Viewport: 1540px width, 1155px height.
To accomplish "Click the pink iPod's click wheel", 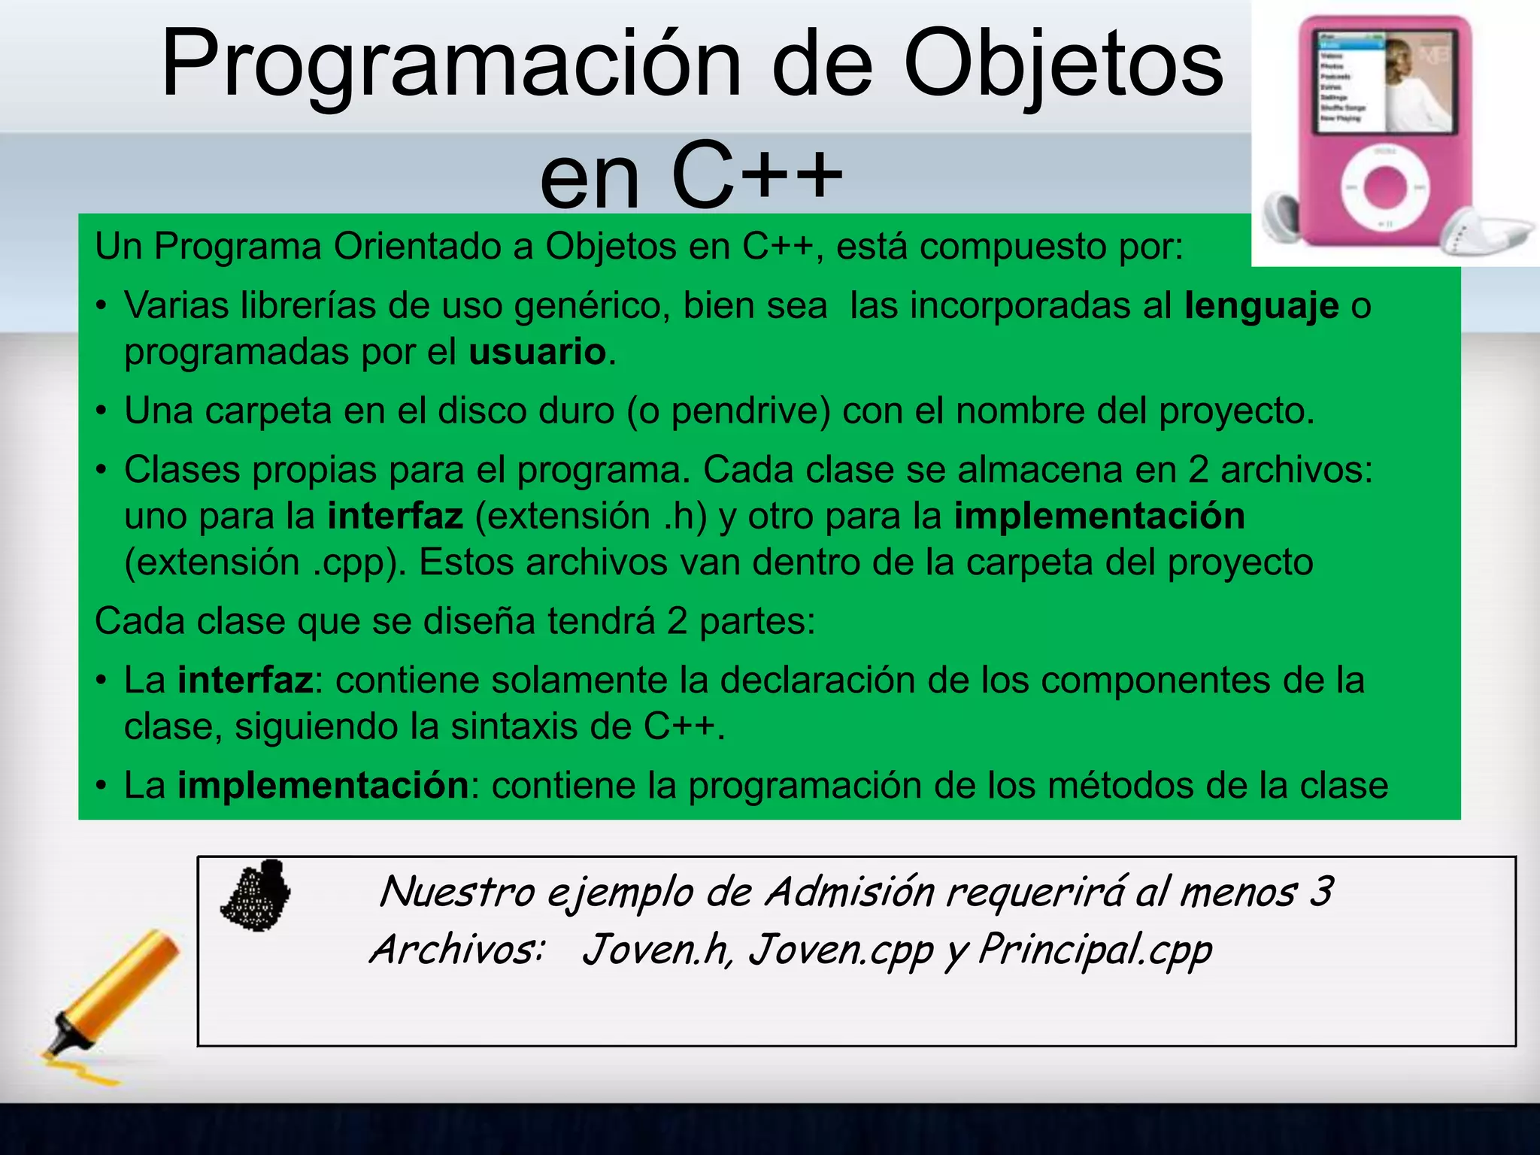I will (1384, 187).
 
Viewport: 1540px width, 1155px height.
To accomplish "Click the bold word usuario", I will (537, 352).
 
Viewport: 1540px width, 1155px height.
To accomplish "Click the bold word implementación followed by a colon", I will (323, 786).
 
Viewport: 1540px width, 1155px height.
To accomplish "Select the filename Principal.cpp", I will (1094, 950).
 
